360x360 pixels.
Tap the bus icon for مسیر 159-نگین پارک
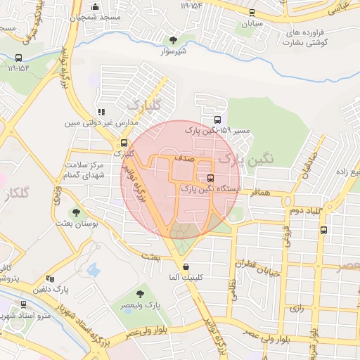tap(217, 120)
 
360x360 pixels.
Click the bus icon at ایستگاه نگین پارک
tap(211, 177)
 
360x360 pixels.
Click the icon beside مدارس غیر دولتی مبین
tap(102, 111)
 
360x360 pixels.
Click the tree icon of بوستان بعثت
tap(77, 212)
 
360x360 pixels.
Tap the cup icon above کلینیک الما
tap(186, 267)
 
